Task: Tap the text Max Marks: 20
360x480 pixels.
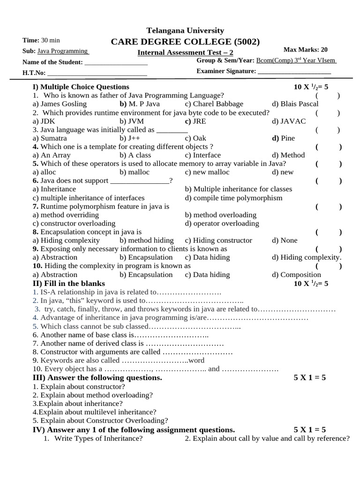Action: pyautogui.click(x=306, y=50)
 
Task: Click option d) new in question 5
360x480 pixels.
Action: pyautogui.click(x=283, y=172)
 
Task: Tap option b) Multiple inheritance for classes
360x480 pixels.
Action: pyautogui.click(x=238, y=189)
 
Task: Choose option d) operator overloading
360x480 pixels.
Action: pyautogui.click(x=222, y=223)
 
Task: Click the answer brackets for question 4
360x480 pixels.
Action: pyautogui.click(x=328, y=147)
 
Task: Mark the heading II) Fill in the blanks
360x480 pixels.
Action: pyautogui.click(x=68, y=284)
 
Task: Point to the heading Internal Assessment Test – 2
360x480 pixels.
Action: pyautogui.click(x=185, y=52)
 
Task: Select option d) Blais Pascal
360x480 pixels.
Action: pyautogui.click(x=295, y=104)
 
